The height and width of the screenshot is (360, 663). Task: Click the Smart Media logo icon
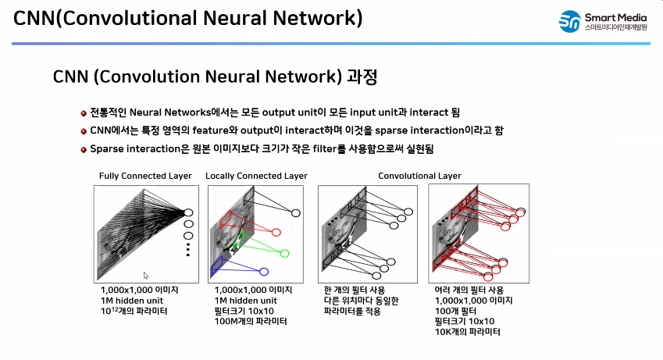click(x=569, y=22)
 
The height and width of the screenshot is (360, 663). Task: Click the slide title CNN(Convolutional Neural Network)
click(x=188, y=18)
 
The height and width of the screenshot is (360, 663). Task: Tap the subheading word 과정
click(x=363, y=77)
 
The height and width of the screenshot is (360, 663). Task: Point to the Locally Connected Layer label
click(x=256, y=176)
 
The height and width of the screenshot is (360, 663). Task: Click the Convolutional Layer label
click(x=419, y=176)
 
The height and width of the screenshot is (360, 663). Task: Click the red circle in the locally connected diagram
click(x=276, y=232)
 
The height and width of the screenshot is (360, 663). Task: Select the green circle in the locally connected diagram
click(x=285, y=253)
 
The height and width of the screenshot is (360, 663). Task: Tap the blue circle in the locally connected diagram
click(x=264, y=272)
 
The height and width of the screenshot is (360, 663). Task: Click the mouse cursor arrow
click(x=146, y=275)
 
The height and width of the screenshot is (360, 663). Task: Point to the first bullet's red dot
click(x=84, y=113)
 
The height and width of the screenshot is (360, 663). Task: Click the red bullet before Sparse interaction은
click(x=84, y=148)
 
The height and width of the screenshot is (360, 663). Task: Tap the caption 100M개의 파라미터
click(x=250, y=321)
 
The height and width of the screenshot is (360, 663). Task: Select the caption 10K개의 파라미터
click(x=467, y=332)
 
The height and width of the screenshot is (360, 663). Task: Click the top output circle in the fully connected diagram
click(x=187, y=212)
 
